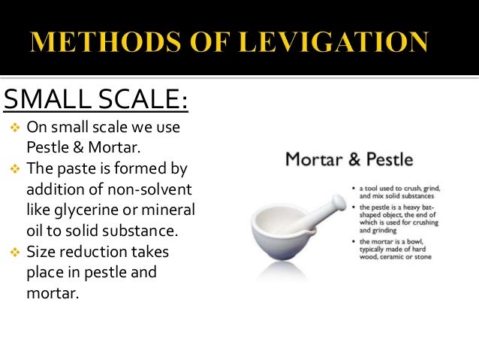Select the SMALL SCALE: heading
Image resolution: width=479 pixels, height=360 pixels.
coord(96,98)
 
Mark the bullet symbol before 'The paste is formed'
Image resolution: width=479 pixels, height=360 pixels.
coord(11,168)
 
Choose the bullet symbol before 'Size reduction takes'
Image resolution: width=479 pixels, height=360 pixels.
coord(11,252)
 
